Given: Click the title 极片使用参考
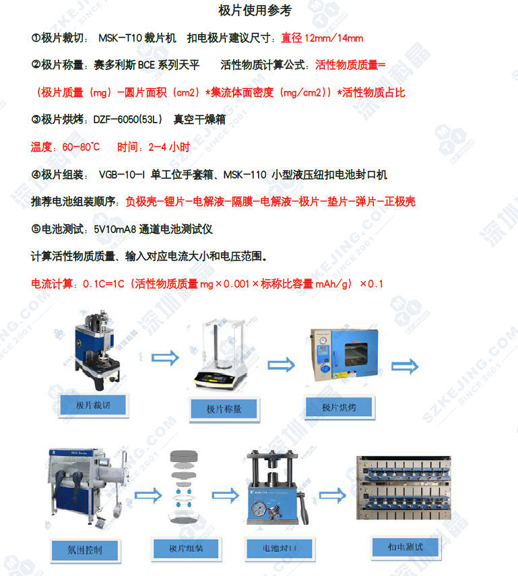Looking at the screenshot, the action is click(x=255, y=10).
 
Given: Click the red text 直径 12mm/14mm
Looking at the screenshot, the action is click(x=322, y=38).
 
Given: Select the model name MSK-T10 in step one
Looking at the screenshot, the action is click(x=120, y=38).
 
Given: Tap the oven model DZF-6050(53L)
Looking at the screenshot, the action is click(x=127, y=120).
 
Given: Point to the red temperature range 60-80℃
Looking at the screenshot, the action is click(x=81, y=148).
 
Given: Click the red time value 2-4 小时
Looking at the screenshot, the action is click(x=169, y=148).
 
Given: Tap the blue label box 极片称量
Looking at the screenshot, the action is click(x=224, y=409).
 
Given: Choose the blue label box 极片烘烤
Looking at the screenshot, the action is click(x=339, y=407).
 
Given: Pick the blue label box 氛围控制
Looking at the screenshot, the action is click(x=84, y=550).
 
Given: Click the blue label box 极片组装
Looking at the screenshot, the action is click(x=186, y=548).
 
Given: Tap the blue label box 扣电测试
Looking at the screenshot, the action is click(x=406, y=547).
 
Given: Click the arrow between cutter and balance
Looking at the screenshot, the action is click(x=165, y=358).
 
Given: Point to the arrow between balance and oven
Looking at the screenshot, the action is click(x=282, y=365).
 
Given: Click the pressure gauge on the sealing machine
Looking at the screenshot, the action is click(x=259, y=509).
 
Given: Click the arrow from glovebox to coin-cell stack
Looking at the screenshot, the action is click(x=148, y=496).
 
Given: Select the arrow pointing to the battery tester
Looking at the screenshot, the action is click(x=333, y=496).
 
